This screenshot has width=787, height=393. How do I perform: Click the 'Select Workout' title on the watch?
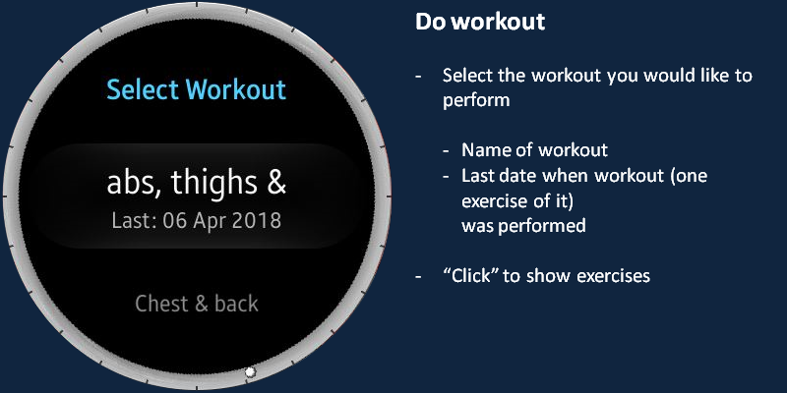(x=196, y=90)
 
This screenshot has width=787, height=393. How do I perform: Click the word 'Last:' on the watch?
(x=135, y=220)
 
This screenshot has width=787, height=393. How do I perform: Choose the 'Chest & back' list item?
(x=197, y=304)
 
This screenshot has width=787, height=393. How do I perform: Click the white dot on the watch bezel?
(x=250, y=372)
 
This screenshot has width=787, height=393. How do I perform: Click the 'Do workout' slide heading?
(x=480, y=22)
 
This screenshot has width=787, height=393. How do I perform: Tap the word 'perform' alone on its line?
(x=476, y=101)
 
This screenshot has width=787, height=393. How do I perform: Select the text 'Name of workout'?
(x=534, y=150)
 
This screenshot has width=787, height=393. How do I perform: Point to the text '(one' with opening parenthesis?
(x=690, y=177)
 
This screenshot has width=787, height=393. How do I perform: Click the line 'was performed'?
(x=523, y=226)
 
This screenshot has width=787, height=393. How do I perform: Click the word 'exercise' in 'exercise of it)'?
(x=493, y=201)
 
